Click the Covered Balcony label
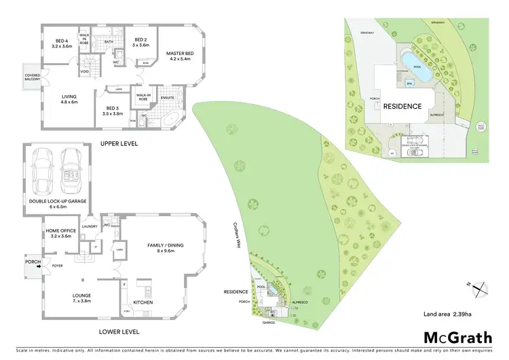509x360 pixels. (33, 77)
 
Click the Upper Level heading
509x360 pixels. (119, 144)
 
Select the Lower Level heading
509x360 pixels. (119, 332)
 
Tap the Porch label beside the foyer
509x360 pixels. (32, 261)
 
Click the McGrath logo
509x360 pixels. (458, 337)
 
